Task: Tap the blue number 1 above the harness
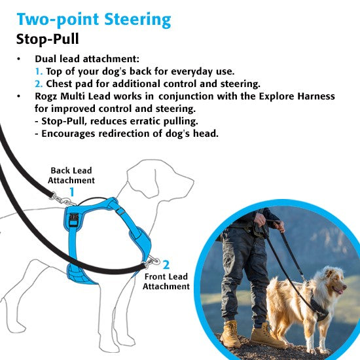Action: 72,192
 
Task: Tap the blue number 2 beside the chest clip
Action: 166,264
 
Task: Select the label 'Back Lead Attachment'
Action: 72,175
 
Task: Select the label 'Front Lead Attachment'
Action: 166,281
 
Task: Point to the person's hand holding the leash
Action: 280,226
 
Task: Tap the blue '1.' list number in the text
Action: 39,71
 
